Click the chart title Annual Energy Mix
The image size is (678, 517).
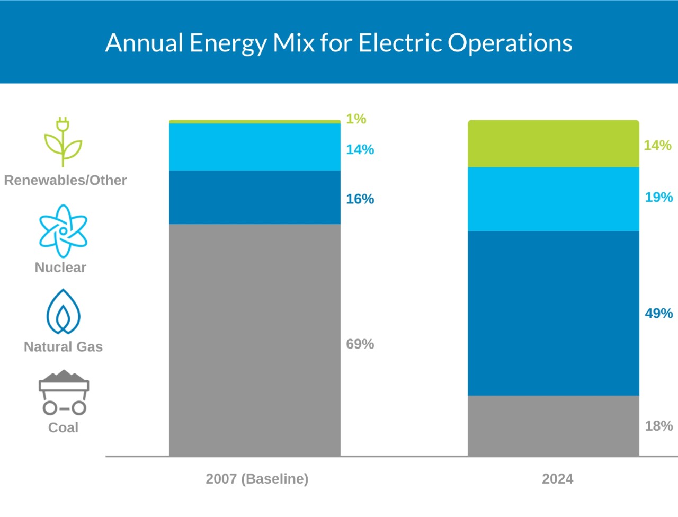(x=338, y=43)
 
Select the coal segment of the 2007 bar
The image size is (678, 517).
(x=255, y=340)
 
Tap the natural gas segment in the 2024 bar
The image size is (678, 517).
(x=554, y=313)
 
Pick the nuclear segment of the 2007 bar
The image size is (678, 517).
(x=255, y=147)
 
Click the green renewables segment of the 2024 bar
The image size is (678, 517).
(x=554, y=144)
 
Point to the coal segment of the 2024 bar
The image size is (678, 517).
(x=554, y=425)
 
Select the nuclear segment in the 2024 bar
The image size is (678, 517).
(x=554, y=199)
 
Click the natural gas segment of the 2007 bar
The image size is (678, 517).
(x=255, y=197)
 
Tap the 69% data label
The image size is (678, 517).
(x=360, y=344)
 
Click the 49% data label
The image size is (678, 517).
(x=658, y=314)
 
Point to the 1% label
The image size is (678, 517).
(x=356, y=119)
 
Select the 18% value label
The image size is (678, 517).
(x=658, y=426)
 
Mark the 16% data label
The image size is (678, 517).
(x=360, y=199)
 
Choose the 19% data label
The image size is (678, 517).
(x=658, y=198)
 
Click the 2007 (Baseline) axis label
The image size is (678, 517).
(x=257, y=479)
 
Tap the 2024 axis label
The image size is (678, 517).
(x=557, y=479)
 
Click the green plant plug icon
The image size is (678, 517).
(x=63, y=142)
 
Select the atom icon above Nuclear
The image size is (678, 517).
(x=63, y=231)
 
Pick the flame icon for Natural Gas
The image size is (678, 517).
(x=63, y=312)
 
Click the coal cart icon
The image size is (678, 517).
(x=64, y=393)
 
